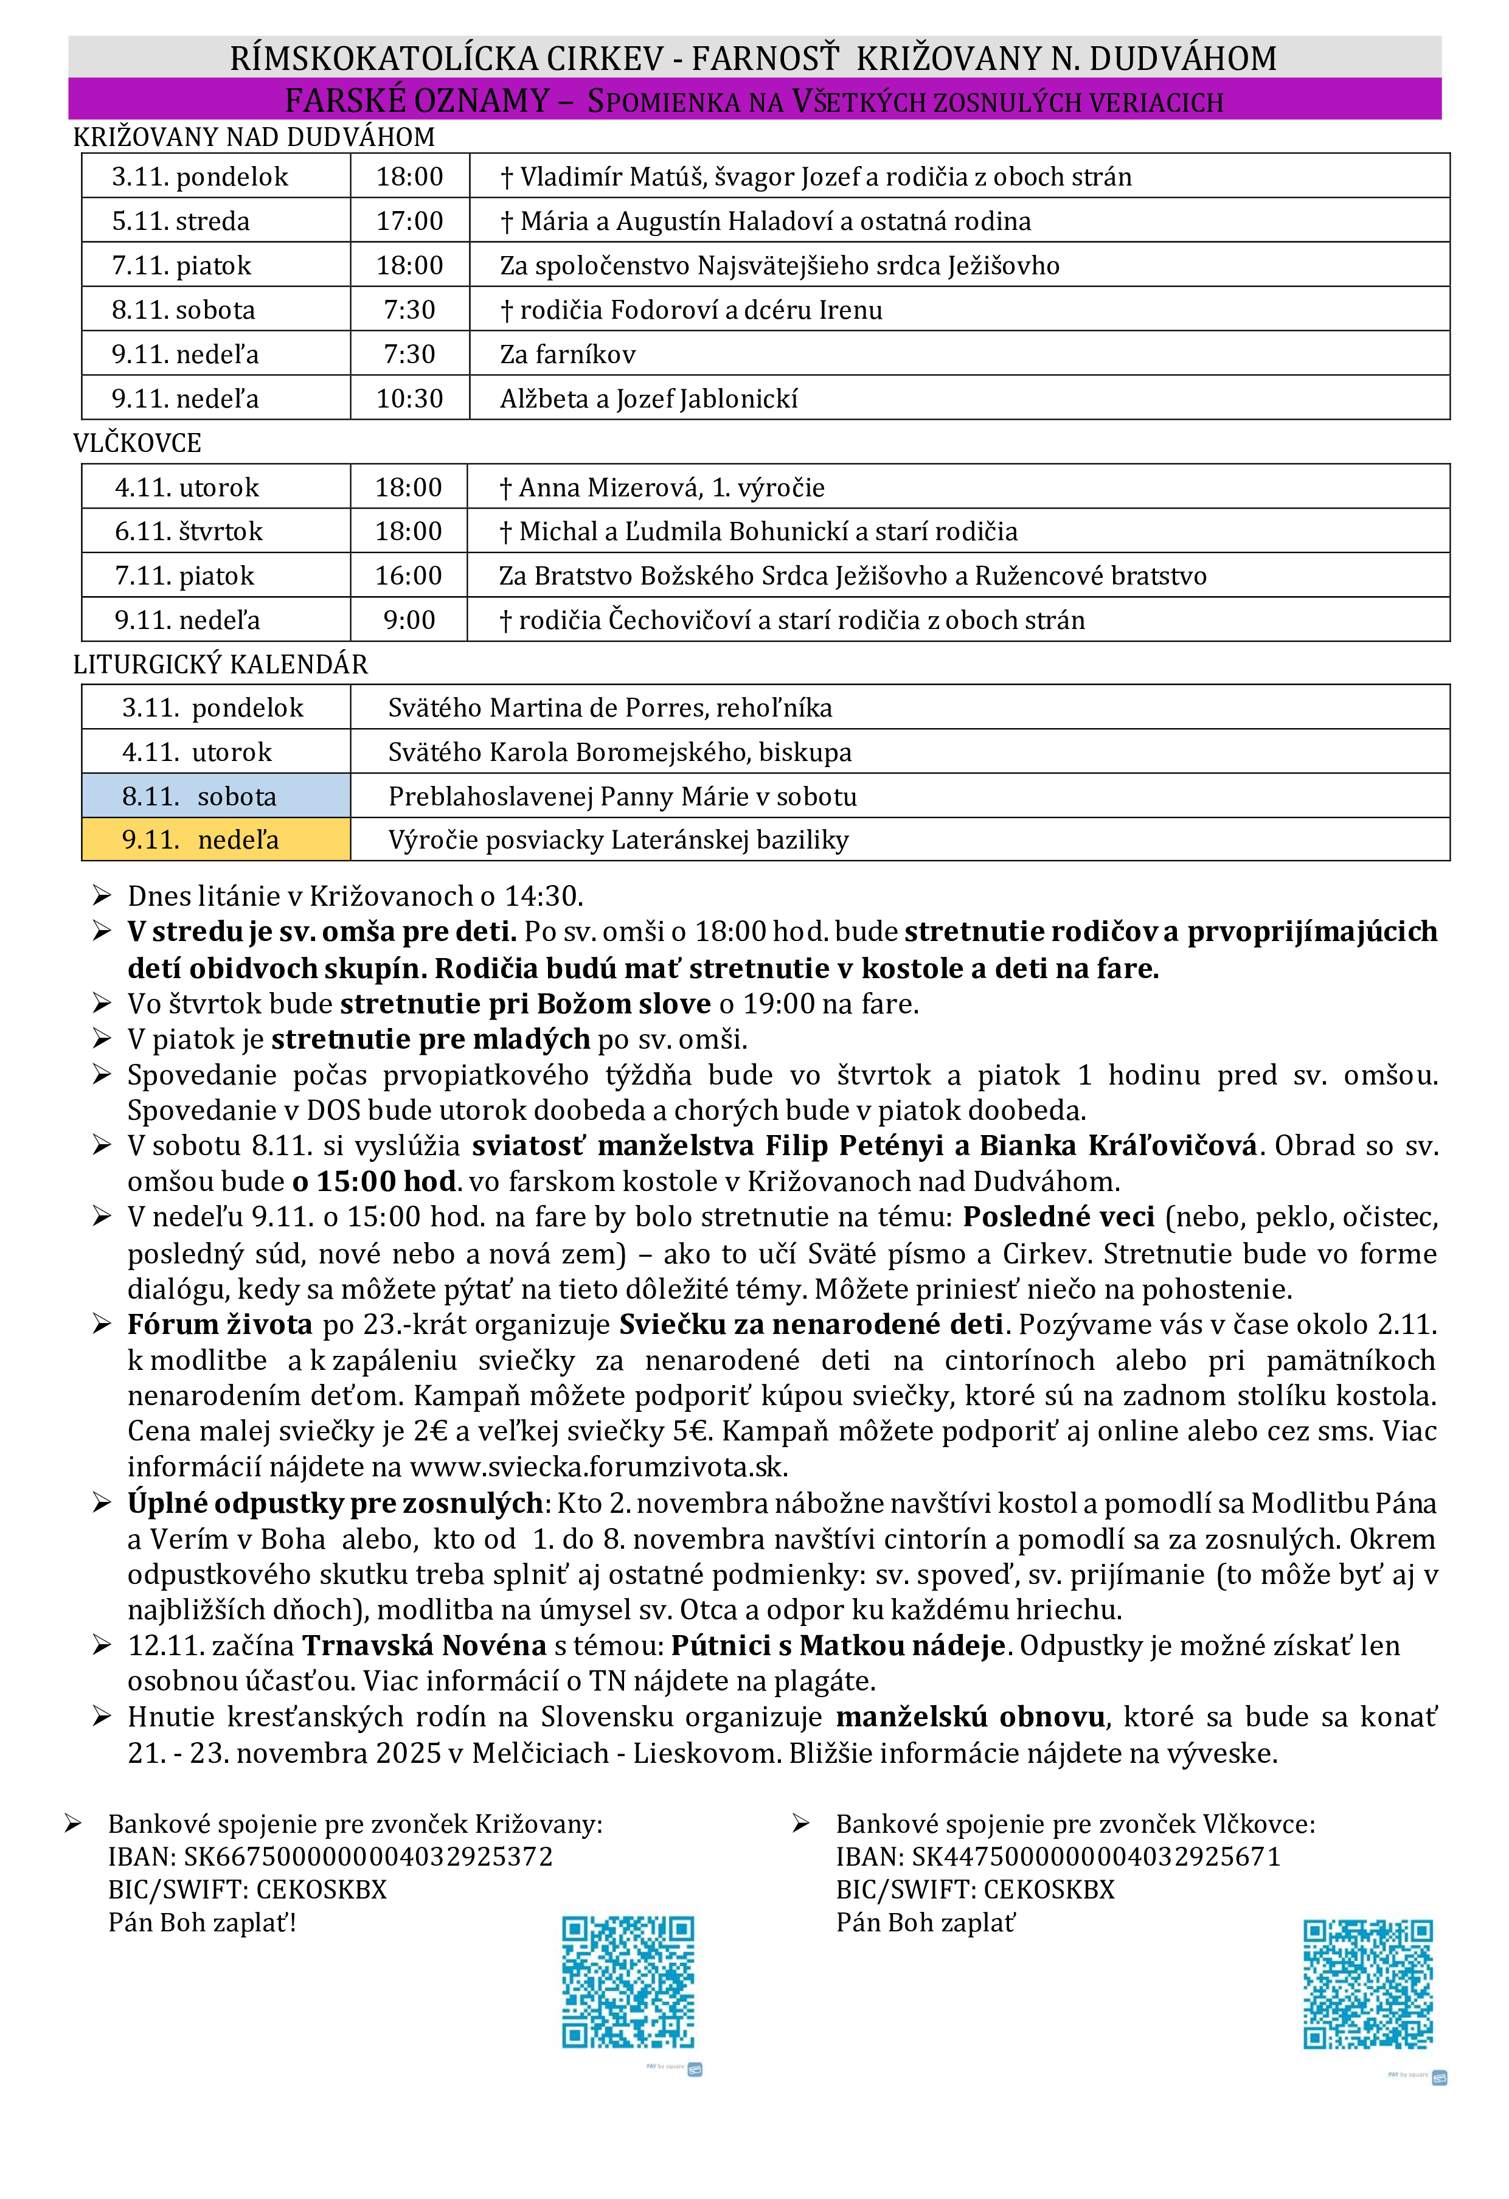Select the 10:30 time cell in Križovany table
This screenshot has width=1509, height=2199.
pos(410,398)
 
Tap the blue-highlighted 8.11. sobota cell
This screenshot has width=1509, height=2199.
pos(216,796)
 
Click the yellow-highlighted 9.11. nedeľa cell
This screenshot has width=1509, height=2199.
pos(216,840)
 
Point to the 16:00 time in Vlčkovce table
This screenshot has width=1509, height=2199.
pos(409,575)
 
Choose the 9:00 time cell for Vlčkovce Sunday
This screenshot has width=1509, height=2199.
pos(409,620)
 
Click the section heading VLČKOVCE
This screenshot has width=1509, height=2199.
pos(137,443)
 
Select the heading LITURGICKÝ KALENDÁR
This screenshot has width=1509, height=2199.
pos(220,664)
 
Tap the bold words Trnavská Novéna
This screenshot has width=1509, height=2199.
pos(424,1645)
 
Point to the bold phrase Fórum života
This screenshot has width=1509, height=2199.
pos(220,1325)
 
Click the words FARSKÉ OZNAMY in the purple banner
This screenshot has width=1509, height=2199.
pos(417,100)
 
